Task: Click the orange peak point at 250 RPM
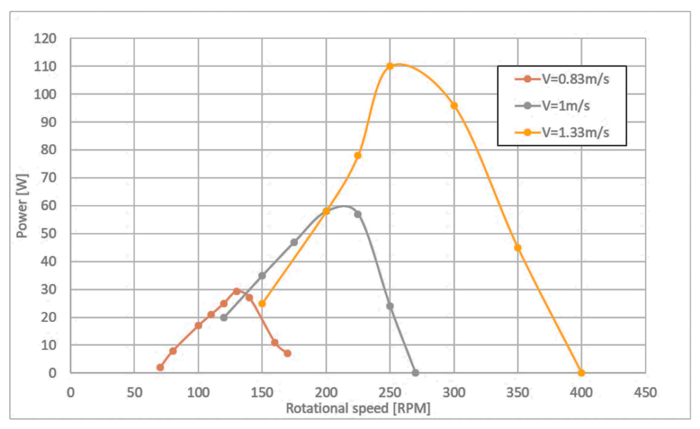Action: pos(390,66)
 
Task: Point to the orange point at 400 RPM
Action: pos(581,373)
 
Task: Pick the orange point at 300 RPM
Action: pos(454,106)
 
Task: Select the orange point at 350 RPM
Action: pos(518,248)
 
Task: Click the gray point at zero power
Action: pos(415,373)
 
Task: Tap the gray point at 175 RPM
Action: pos(294,242)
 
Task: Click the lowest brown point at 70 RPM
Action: pos(160,367)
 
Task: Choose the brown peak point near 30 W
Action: pos(237,291)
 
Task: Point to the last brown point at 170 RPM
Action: pos(287,354)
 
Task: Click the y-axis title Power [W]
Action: pos(22,206)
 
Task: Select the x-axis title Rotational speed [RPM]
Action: pos(358,408)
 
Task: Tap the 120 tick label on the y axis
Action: pos(45,39)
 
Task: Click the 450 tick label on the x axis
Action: pos(645,393)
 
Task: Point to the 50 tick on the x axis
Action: pos(134,393)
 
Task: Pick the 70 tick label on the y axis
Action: pos(49,178)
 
